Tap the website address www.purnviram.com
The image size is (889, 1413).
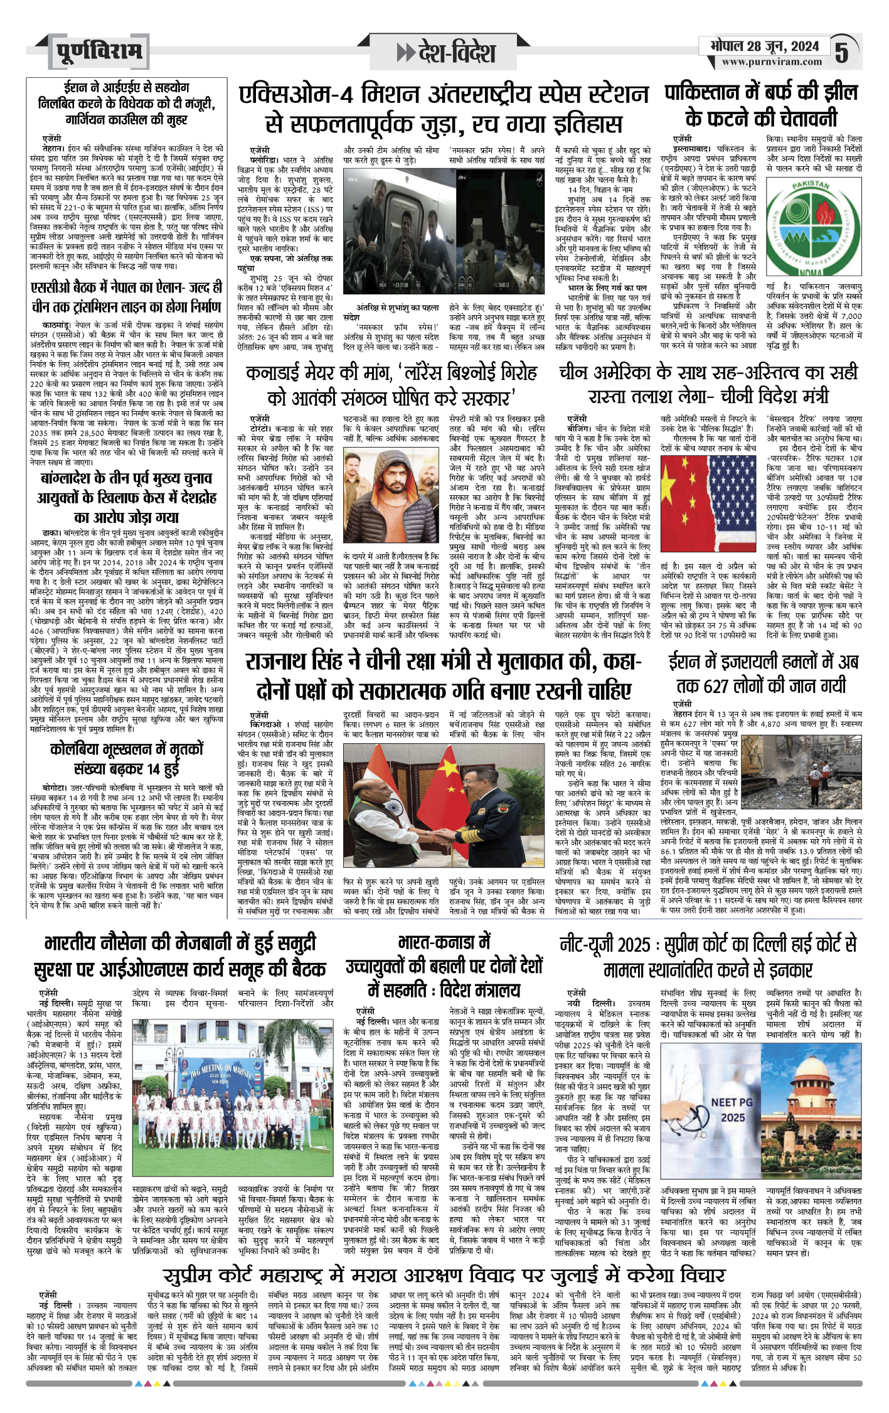771,62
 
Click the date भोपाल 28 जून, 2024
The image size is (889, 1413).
764,46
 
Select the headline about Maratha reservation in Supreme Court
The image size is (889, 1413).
444,1274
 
